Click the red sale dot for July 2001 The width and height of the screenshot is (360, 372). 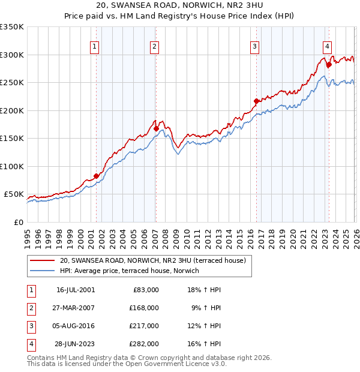click(96, 176)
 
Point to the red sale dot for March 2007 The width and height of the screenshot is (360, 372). click(156, 128)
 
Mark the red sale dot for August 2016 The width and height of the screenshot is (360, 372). click(256, 101)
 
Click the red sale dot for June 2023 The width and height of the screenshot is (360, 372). click(329, 65)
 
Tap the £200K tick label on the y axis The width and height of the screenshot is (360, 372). click(12, 110)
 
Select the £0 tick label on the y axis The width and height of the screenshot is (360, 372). click(19, 222)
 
